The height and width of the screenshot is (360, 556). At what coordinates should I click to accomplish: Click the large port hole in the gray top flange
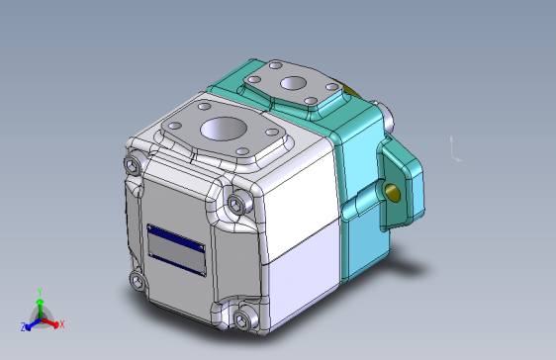point(225,131)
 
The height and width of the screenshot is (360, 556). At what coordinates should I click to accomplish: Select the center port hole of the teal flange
point(294,84)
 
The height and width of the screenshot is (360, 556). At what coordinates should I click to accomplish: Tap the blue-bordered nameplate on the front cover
point(176,248)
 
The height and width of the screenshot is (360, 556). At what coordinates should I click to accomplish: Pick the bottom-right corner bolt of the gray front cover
point(241,318)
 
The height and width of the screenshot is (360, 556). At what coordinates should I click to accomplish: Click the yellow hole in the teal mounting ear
point(398,190)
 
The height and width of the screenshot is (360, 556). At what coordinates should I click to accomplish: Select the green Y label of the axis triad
point(39,292)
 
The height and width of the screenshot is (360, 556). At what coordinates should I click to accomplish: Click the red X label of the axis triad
point(61,324)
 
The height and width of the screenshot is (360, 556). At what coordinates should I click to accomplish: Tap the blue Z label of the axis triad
point(22,325)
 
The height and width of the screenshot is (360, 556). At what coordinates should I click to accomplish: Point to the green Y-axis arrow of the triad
point(39,306)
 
